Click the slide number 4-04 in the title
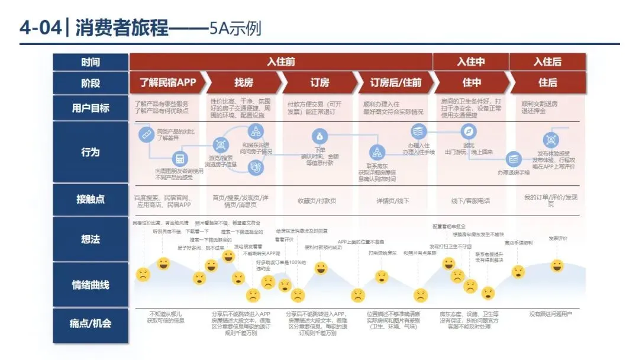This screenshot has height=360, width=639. (x=40, y=27)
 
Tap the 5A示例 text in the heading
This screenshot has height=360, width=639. (x=235, y=28)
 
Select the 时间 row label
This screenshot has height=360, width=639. (x=91, y=62)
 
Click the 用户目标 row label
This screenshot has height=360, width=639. (x=91, y=108)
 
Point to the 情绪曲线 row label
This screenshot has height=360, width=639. (x=91, y=285)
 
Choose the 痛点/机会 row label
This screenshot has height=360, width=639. (x=91, y=323)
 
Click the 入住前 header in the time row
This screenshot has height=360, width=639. (x=281, y=62)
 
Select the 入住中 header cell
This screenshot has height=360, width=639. (x=471, y=62)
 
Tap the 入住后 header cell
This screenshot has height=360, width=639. (x=547, y=62)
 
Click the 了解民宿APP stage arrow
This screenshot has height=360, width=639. (x=167, y=82)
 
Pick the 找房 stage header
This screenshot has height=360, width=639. (x=244, y=82)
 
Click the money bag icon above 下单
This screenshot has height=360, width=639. (x=320, y=135)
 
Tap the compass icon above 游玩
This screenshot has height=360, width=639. (x=469, y=131)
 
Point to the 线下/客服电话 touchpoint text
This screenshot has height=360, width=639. (x=470, y=201)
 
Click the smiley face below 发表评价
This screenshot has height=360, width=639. (x=557, y=266)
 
